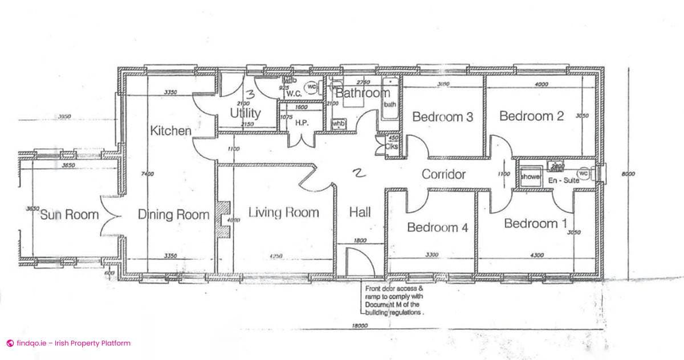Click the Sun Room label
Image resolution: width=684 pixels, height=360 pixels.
click(69, 215)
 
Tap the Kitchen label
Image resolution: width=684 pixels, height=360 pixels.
click(170, 130)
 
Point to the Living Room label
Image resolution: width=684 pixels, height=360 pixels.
click(283, 212)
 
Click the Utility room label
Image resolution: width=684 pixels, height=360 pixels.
click(245, 113)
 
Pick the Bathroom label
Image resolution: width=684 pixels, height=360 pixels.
click(362, 92)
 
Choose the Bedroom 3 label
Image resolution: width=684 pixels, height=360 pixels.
click(442, 117)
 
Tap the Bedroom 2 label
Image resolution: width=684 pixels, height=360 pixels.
click(531, 116)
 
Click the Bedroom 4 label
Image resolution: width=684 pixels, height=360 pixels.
click(437, 228)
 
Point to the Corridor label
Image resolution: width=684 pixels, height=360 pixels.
click(443, 174)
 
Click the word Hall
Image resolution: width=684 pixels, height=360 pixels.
click(360, 212)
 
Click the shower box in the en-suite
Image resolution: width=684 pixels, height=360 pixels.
click(530, 177)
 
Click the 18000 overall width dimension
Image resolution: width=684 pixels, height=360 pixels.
click(359, 326)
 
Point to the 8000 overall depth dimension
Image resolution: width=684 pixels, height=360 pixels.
click(628, 175)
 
